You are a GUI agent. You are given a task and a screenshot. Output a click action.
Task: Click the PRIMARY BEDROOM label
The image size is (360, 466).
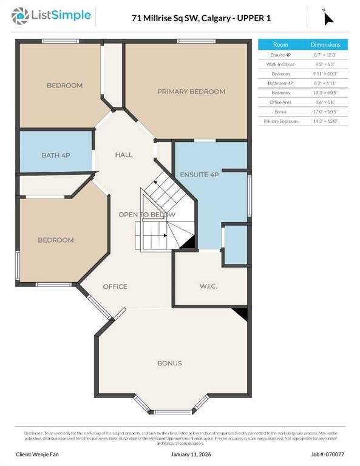(191, 92)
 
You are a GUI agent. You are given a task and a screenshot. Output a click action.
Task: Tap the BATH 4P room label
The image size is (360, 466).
(56, 155)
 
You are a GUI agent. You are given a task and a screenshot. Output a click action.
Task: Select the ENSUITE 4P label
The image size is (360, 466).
(199, 175)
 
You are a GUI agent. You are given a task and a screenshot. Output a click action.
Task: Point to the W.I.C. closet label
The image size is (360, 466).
(208, 286)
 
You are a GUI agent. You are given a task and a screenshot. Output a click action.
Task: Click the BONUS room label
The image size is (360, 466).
(169, 363)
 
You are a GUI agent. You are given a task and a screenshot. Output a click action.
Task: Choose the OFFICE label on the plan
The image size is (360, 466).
(115, 286)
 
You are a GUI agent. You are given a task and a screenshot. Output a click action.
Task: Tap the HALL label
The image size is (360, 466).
(124, 155)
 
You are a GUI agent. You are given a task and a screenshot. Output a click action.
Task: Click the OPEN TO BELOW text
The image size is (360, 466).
(147, 214)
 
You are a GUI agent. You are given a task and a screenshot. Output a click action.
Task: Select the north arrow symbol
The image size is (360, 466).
(328, 18)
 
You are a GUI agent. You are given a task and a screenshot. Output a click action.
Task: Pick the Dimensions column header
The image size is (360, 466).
(326, 45)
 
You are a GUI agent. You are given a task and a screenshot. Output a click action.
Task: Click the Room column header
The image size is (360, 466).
(280, 45)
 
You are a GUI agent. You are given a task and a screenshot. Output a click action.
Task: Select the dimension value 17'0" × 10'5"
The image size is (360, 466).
(326, 112)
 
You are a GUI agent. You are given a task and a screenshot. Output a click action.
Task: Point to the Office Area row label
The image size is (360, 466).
(280, 102)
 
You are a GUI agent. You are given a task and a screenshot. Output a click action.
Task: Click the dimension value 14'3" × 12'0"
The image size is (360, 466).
(326, 121)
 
